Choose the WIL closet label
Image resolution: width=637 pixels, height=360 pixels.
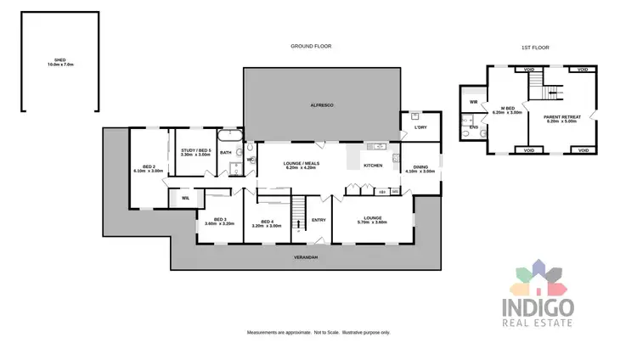click(x=184, y=198)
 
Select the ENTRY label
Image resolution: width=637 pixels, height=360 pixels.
click(x=318, y=220)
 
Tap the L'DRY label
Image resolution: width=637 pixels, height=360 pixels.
click(x=420, y=128)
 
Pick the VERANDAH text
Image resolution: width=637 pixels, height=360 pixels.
click(x=306, y=256)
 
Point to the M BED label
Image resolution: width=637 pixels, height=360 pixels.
click(x=509, y=110)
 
